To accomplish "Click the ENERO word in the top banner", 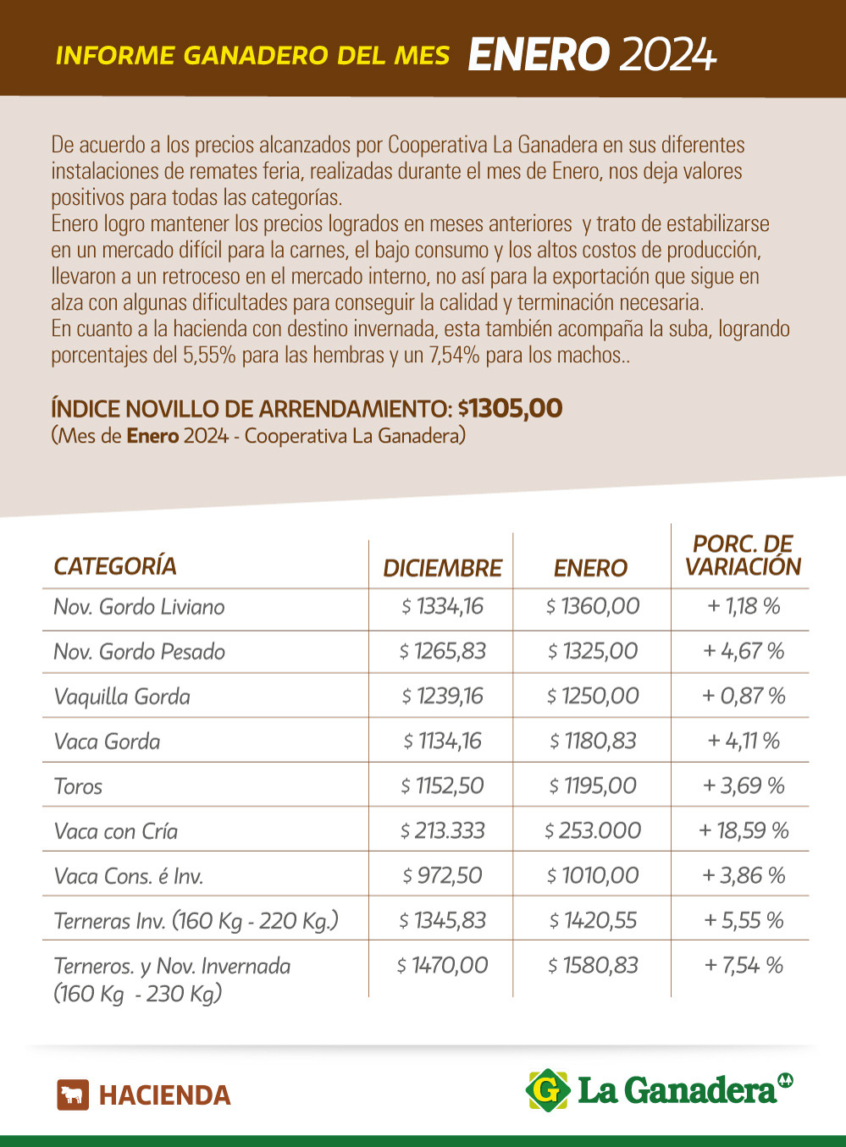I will click(x=538, y=55).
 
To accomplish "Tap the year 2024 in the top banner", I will click(x=668, y=55).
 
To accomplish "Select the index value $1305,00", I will click(x=511, y=408).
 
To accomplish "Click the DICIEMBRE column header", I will click(x=442, y=568).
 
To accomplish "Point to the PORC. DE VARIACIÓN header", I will click(x=743, y=555).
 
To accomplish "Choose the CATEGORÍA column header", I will click(x=115, y=566).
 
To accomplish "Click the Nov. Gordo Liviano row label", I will click(x=139, y=607).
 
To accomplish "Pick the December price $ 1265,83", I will click(x=443, y=651).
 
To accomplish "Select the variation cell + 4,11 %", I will click(x=743, y=741).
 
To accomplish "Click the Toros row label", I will click(x=78, y=786).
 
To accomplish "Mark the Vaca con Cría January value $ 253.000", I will click(x=593, y=830).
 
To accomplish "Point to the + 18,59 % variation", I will click(x=743, y=830).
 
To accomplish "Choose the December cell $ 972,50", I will click(x=442, y=875).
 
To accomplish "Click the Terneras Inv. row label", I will click(x=196, y=921).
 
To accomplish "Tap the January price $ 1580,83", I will click(x=593, y=965).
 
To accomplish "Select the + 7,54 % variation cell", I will click(x=743, y=965).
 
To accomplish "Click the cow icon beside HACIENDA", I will click(x=73, y=1095).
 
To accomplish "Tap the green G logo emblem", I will click(x=548, y=1090).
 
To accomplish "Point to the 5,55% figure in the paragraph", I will click(x=209, y=355).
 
